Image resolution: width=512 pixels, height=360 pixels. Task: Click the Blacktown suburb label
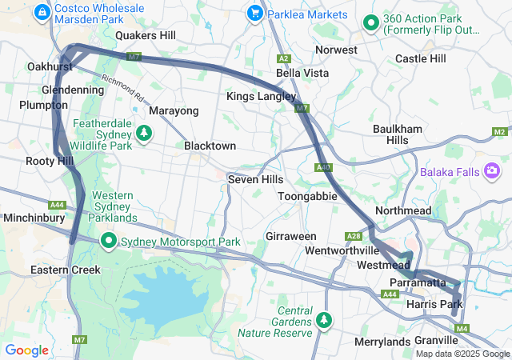click(x=210, y=146)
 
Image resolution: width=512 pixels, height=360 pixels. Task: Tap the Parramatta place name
click(x=417, y=283)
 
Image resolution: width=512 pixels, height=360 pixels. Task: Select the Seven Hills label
click(x=255, y=179)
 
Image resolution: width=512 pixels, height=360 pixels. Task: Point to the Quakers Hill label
click(x=145, y=35)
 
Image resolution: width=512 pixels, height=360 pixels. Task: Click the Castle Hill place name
click(x=420, y=58)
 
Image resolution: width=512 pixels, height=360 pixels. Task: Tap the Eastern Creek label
click(x=66, y=270)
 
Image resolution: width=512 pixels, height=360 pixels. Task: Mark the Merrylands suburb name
click(x=382, y=342)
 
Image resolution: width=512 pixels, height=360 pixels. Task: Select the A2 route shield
click(x=283, y=59)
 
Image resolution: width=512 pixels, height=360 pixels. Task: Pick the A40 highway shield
click(x=323, y=166)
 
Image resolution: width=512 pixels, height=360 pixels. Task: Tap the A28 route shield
click(x=354, y=236)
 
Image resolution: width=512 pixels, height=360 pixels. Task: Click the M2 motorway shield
click(x=500, y=131)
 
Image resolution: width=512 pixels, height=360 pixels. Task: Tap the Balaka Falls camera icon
click(x=491, y=170)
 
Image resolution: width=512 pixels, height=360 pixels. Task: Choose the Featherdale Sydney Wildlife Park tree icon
click(x=144, y=132)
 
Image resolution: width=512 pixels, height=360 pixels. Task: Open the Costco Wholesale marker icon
click(x=42, y=12)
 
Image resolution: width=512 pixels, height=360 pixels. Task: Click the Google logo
click(x=26, y=350)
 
